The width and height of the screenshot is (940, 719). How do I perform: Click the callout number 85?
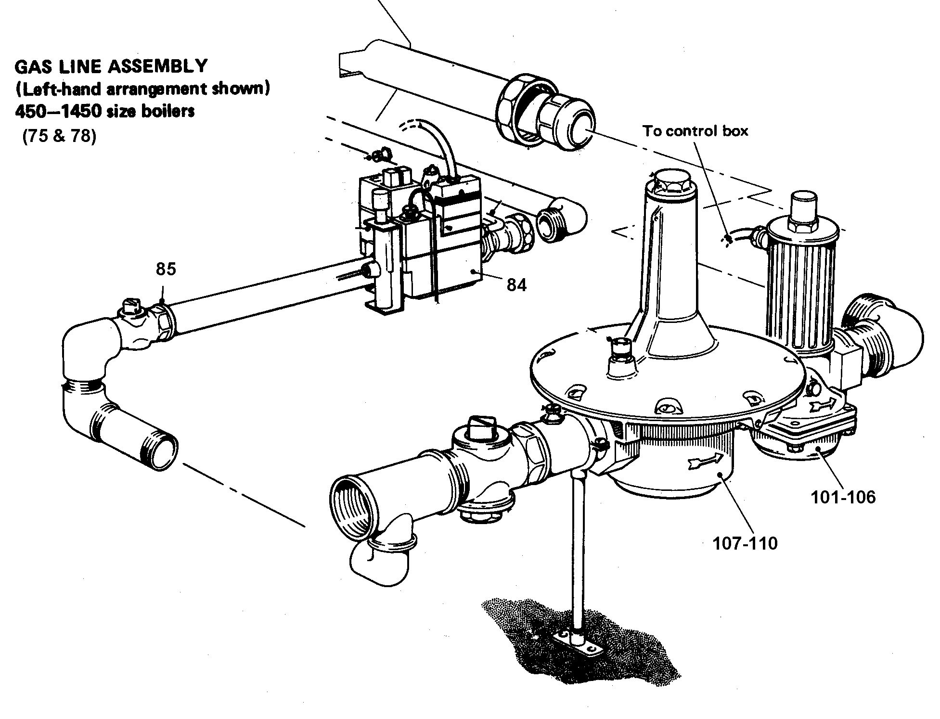coord(166,269)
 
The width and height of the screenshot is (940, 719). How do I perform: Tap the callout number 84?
coord(516,285)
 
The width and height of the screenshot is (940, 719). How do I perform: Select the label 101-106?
coord(843,497)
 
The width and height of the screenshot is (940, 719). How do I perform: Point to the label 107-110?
coord(745,543)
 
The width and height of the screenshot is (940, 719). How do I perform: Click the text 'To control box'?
coord(695,131)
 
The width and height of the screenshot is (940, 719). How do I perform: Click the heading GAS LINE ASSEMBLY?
coord(111,66)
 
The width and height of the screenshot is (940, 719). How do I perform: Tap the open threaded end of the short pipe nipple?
coord(162,442)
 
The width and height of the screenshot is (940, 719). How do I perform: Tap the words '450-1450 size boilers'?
coord(105,112)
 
